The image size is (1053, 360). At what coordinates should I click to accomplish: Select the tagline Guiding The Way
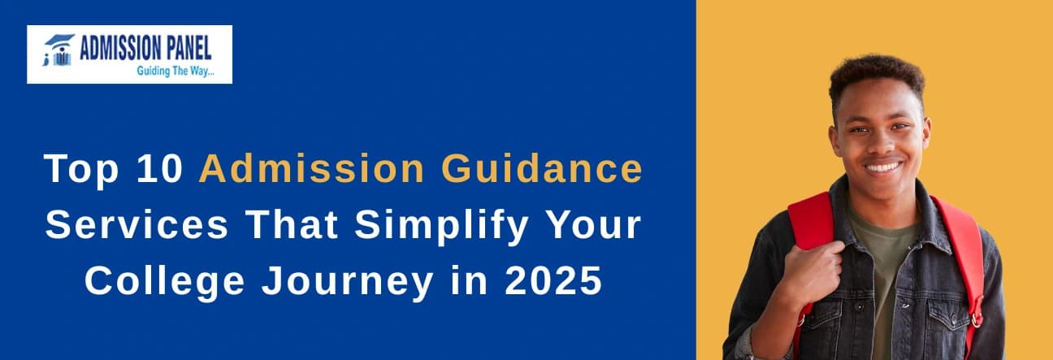pos(175,72)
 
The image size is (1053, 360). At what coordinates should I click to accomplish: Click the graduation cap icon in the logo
pos(59,40)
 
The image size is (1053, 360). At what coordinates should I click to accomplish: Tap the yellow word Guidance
pos(542,168)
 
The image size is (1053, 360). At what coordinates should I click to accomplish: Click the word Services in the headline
pos(136,224)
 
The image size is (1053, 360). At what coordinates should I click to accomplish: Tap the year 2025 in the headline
pos(553,280)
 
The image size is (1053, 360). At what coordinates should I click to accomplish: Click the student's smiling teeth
pos(884,167)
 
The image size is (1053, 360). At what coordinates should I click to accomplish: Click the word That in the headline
pos(292,224)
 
